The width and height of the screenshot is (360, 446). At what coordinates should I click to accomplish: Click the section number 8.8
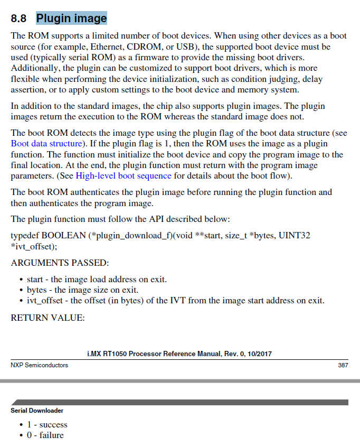click(x=18, y=19)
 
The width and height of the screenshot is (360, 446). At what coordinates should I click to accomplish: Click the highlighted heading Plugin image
click(x=71, y=18)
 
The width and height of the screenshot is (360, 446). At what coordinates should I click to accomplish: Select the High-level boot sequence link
click(x=124, y=175)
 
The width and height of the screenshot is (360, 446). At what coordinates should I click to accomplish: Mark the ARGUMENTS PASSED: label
click(x=60, y=263)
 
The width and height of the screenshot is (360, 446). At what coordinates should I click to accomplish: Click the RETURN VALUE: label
click(x=48, y=318)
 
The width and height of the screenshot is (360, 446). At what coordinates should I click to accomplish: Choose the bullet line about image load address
click(x=97, y=280)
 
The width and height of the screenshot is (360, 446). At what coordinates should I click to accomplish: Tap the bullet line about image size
click(x=82, y=290)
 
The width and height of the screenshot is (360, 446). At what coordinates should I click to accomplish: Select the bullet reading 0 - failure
click(x=45, y=435)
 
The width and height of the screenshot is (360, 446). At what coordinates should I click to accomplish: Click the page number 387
click(x=343, y=365)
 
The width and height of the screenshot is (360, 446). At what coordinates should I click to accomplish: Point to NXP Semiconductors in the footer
click(x=39, y=365)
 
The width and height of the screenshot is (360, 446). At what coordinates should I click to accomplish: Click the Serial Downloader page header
click(x=37, y=410)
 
